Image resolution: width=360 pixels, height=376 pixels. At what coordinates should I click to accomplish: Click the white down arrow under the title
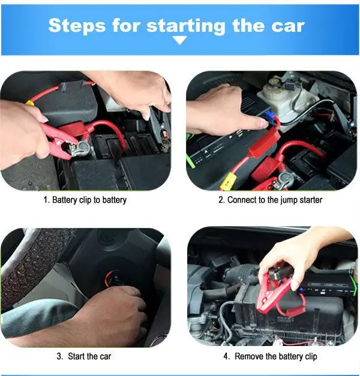click(180, 41)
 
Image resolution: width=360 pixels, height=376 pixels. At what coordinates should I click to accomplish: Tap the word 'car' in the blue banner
click(286, 25)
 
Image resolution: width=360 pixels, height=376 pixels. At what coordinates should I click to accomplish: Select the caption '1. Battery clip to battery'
click(85, 200)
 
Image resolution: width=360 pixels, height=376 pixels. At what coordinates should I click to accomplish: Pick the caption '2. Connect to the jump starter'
click(270, 200)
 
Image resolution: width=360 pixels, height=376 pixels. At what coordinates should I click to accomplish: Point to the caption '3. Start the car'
click(84, 356)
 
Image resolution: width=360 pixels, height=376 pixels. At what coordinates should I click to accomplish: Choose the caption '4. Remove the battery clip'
click(269, 356)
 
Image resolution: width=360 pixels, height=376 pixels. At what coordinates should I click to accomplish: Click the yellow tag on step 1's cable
click(29, 103)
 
